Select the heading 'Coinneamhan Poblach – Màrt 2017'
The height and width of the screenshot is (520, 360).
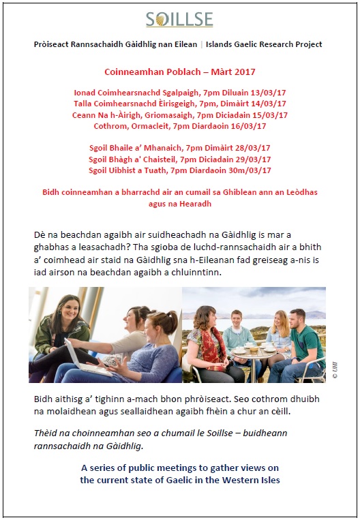click(x=179, y=71)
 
